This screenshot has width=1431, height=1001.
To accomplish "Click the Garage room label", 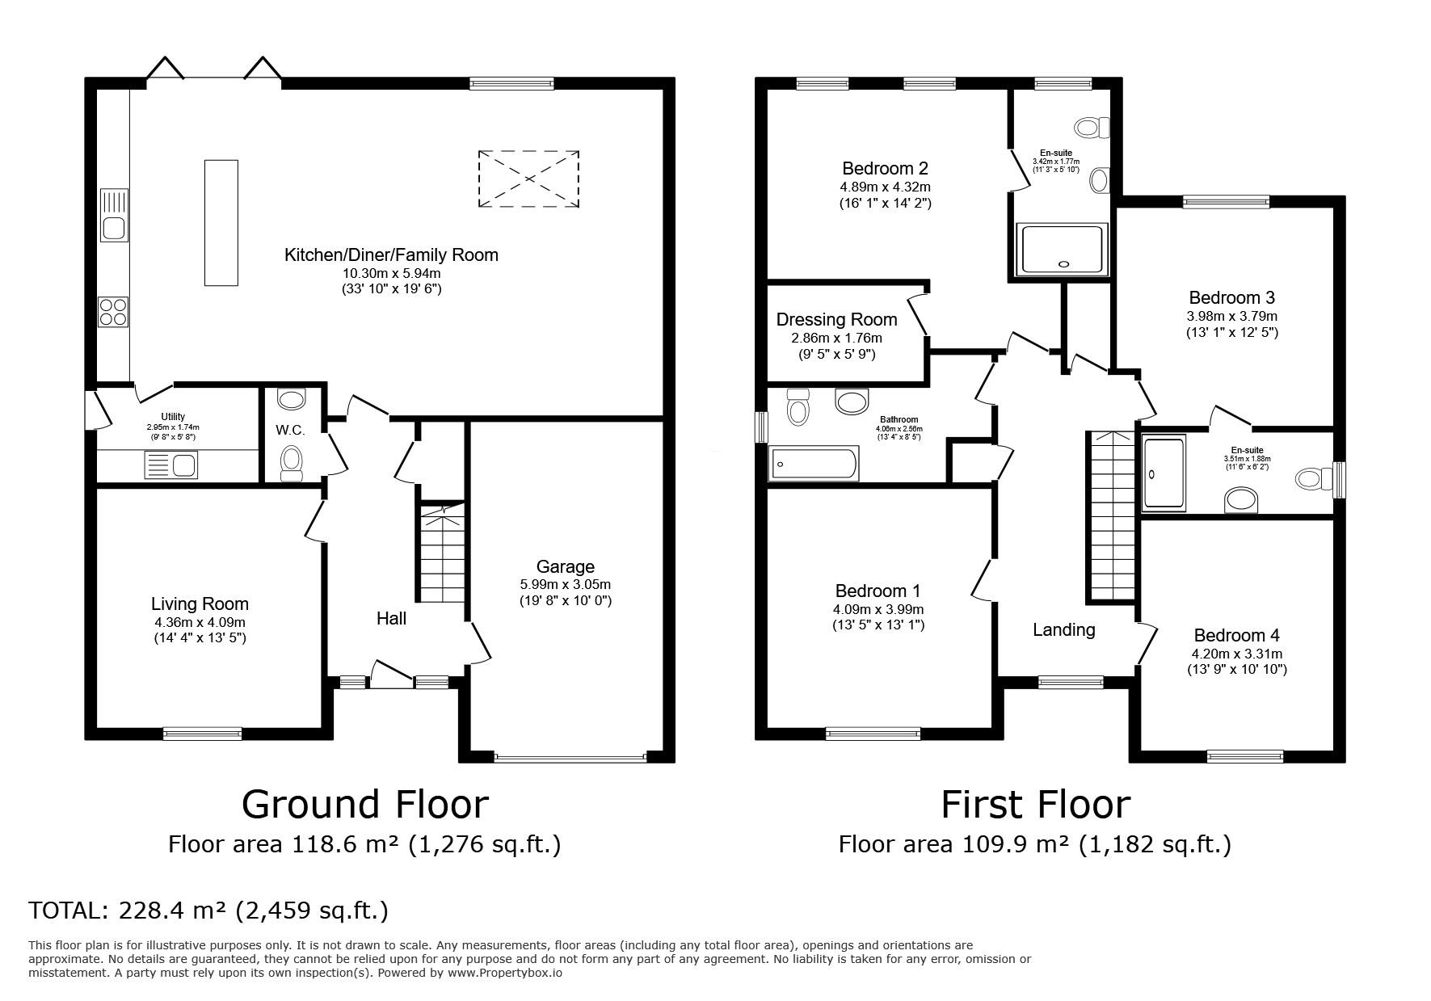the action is (x=565, y=567).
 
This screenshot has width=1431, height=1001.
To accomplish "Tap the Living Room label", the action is (x=200, y=604).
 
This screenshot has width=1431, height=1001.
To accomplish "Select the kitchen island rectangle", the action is (x=221, y=222).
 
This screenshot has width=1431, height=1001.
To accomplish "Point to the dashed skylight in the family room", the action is (x=528, y=179).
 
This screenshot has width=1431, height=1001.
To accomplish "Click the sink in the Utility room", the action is (x=170, y=465).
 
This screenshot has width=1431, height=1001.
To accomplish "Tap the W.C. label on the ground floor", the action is (x=290, y=431).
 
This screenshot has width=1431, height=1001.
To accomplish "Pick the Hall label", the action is (x=391, y=619).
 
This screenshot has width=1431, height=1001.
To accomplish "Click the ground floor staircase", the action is (x=443, y=553).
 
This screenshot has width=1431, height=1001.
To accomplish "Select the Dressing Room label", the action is (x=836, y=320).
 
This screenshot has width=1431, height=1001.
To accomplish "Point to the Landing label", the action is (x=1064, y=630).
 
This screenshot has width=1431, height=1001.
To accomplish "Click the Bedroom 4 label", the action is (x=1236, y=636).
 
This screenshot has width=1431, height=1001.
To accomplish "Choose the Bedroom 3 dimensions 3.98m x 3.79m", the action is (x=1232, y=316).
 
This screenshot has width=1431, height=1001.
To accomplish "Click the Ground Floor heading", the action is (x=365, y=805).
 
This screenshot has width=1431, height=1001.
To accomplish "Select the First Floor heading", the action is (x=1035, y=805).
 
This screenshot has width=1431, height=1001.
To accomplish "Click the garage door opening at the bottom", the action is (x=570, y=758).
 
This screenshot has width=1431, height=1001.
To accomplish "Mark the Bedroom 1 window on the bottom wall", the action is (x=873, y=734).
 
